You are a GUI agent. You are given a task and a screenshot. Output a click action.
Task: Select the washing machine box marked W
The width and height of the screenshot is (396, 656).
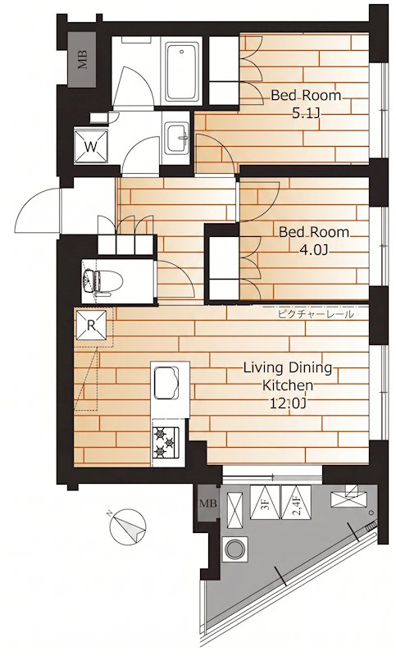[91, 146]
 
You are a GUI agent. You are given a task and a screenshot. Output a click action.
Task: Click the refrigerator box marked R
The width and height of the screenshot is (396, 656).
[91, 325]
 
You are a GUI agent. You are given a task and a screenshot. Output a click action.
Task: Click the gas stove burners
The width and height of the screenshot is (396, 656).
[166, 442]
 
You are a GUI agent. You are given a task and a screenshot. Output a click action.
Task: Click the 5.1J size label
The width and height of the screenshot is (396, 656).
[306, 113]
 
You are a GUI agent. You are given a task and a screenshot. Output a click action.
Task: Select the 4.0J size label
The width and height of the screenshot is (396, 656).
[313, 250]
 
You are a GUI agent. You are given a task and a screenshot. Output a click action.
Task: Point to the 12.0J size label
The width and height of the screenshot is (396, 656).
[287, 403]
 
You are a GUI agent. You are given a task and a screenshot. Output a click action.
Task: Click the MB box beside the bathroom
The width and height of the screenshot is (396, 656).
[83, 59]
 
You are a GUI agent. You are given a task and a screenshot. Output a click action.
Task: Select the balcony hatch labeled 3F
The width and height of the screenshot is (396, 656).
[265, 502]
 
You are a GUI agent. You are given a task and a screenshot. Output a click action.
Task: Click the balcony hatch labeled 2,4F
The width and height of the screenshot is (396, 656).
[296, 502]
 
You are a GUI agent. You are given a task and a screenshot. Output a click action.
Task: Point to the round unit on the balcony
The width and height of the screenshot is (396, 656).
[234, 548]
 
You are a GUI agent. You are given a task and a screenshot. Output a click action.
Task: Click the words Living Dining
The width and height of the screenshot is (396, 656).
[288, 368]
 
